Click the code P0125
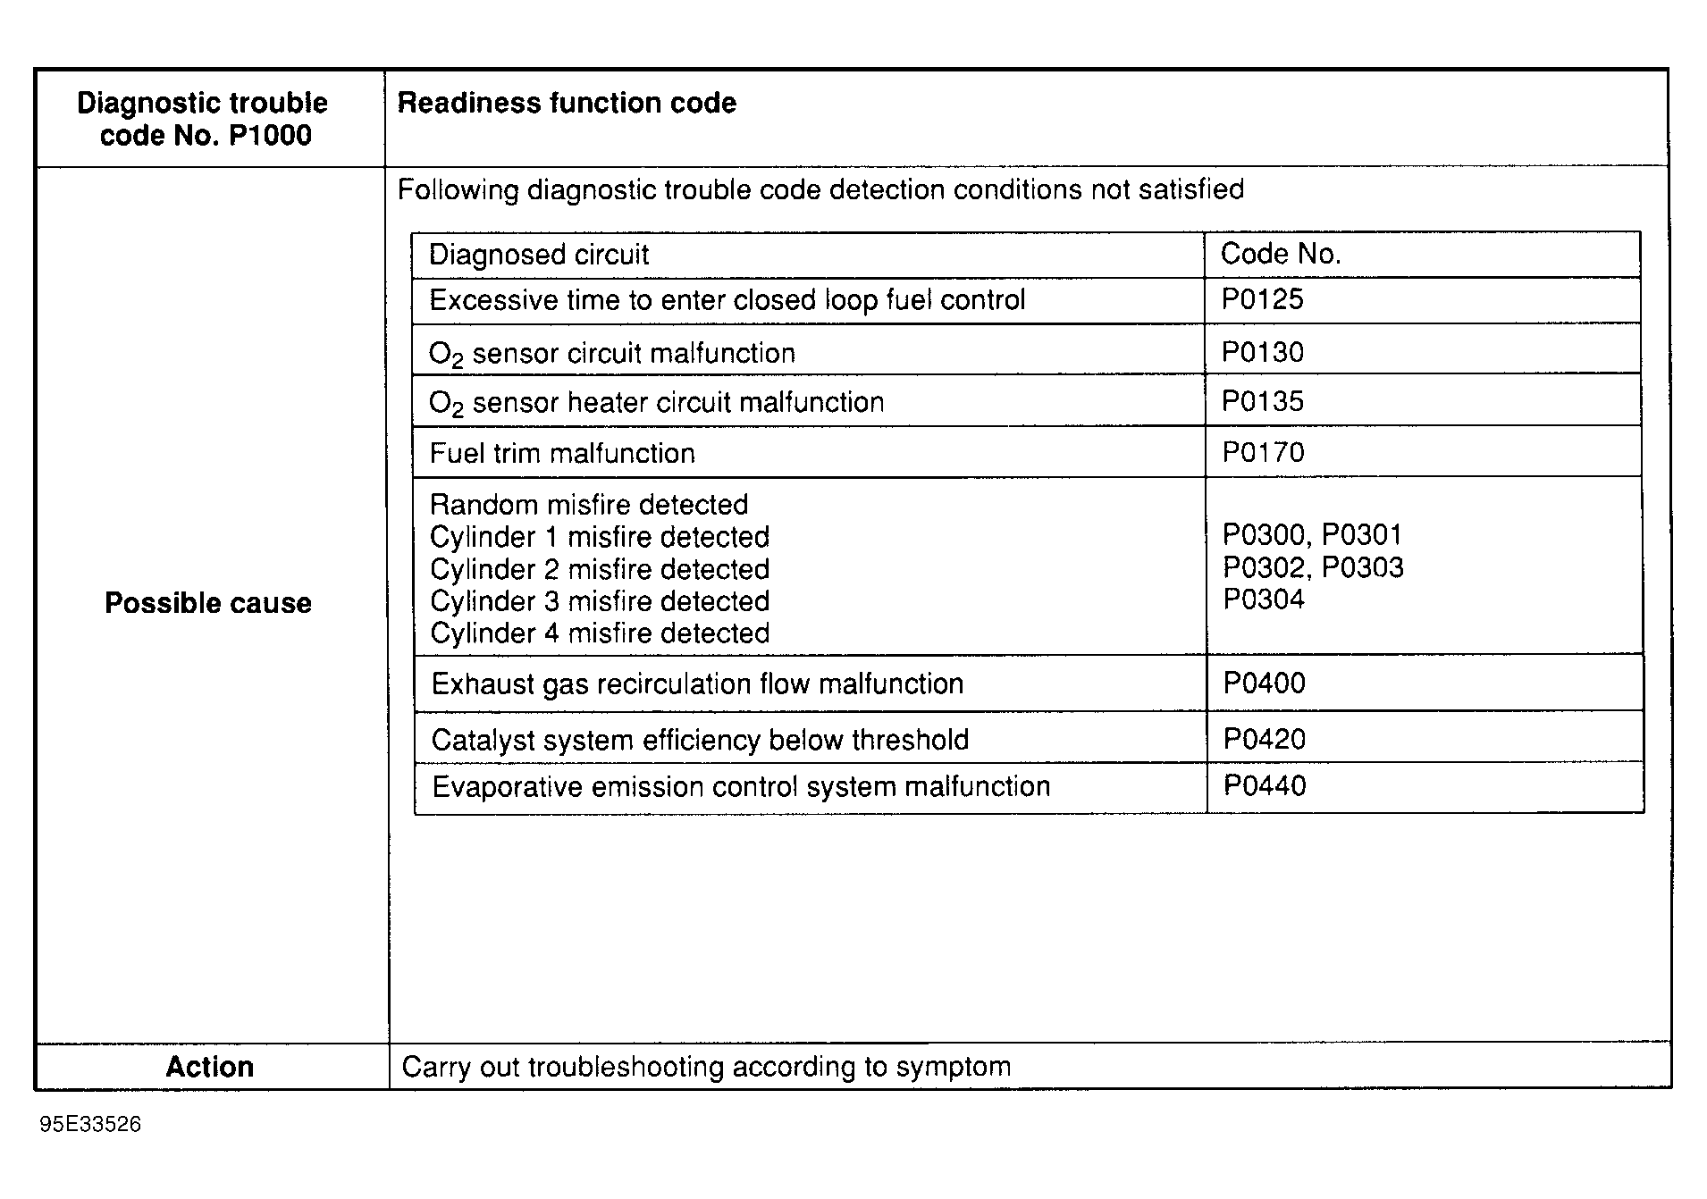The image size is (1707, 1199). coord(1262,299)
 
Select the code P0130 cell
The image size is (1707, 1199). coord(1262,352)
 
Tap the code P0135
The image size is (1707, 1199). coord(1262,401)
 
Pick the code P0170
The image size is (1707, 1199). coord(1263,453)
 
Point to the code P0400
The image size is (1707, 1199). coord(1264,683)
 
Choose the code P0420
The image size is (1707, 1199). coord(1264,740)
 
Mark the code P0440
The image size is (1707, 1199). coord(1264,786)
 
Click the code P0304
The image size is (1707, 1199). coord(1264,599)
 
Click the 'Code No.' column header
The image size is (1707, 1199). coord(1281,255)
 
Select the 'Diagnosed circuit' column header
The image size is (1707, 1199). coord(539,255)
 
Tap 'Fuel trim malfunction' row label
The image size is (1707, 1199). coord(562,454)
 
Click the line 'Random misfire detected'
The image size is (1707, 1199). coord(589,505)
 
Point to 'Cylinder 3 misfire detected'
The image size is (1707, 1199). coord(600,601)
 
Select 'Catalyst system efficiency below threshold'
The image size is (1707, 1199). coord(700,740)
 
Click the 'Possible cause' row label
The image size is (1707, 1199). coord(208,603)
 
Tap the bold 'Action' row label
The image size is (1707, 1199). coord(210,1067)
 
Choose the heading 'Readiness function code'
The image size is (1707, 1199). coord(567,104)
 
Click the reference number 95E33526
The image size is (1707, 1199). coord(90,1124)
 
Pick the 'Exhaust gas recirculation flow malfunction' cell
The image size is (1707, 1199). coord(697,684)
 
